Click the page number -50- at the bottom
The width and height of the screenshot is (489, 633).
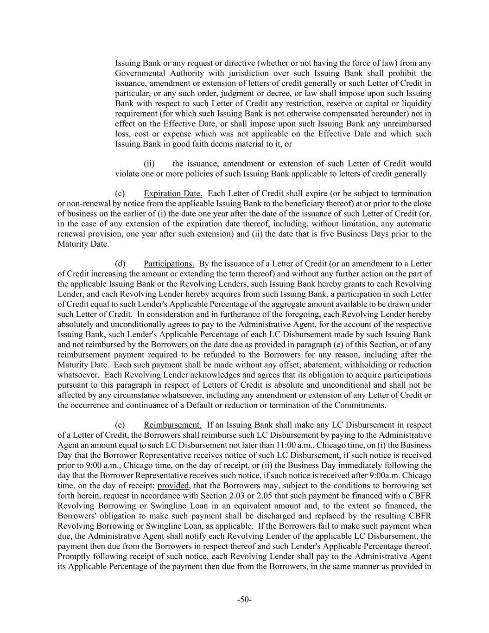pos(244,600)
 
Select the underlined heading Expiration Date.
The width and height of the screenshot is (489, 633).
pos(173,193)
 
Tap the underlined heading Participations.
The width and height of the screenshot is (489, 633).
pos(169,264)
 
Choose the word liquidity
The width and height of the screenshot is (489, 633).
pos(415,103)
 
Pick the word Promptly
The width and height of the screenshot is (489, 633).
pos(73,556)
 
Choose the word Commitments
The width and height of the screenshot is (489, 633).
pos(362,405)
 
